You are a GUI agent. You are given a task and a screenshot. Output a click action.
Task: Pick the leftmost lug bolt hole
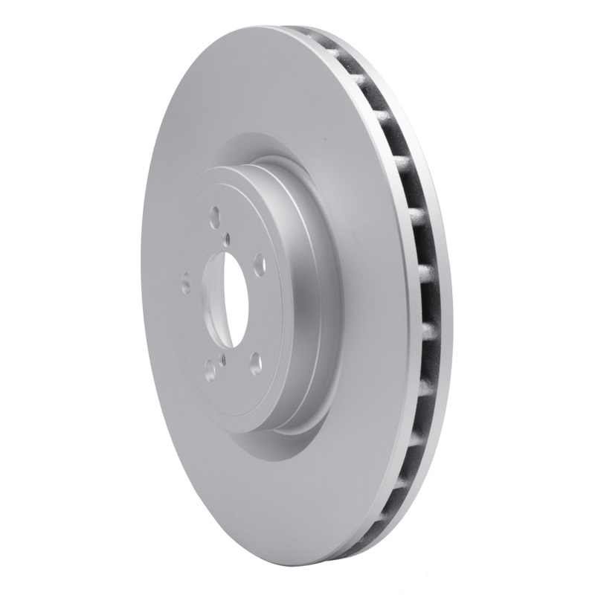186,283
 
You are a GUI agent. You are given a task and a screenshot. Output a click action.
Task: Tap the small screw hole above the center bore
228,238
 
